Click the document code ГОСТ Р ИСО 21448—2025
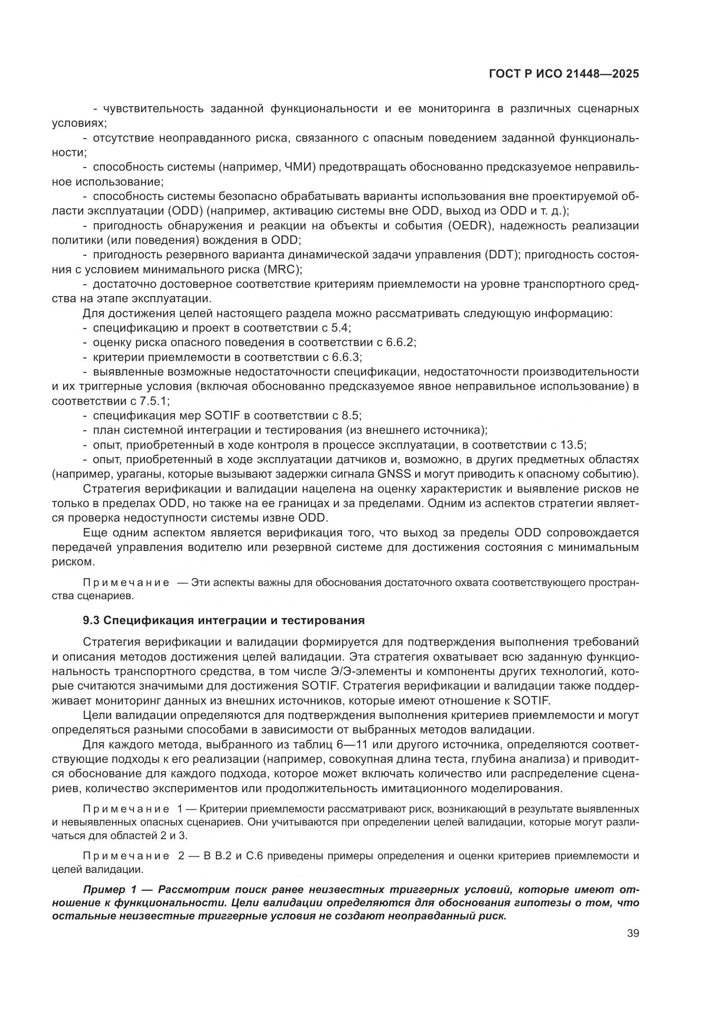tap(564, 74)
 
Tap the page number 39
tap(633, 933)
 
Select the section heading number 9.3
tap(91, 620)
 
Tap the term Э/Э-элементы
tap(363, 672)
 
